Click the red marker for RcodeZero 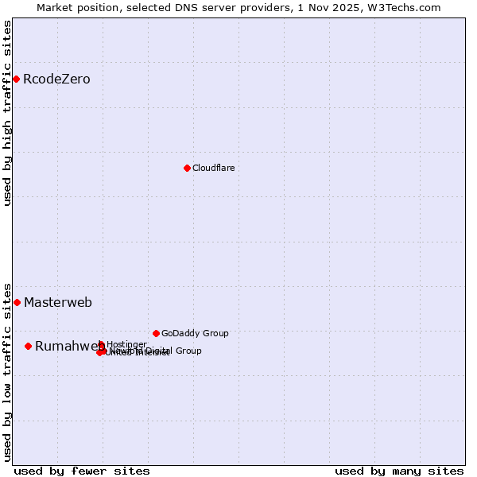(16, 79)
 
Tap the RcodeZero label (56, 79)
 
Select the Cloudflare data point (187, 168)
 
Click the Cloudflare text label (213, 168)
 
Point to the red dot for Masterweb (17, 302)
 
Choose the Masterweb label (58, 303)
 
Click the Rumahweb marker (28, 346)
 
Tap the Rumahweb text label (68, 347)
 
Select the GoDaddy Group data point (156, 333)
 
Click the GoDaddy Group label (195, 333)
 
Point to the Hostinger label (126, 344)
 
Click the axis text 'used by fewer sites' (82, 471)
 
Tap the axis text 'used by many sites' (399, 471)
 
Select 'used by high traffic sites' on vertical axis (7, 113)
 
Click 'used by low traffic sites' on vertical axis (7, 372)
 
